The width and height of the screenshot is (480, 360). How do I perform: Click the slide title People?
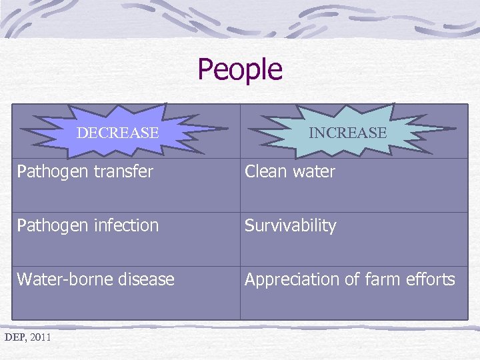point(240,69)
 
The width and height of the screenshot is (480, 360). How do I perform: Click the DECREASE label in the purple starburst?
point(117,133)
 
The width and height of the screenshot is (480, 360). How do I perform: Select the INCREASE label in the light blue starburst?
point(347,133)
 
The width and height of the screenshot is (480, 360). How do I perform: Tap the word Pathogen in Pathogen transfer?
point(48,172)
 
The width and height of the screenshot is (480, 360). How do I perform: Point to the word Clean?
point(265,171)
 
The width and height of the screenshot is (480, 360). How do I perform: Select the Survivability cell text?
point(290,225)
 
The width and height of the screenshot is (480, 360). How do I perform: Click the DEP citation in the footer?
point(14,337)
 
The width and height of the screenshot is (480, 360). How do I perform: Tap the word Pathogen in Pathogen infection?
point(48,226)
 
